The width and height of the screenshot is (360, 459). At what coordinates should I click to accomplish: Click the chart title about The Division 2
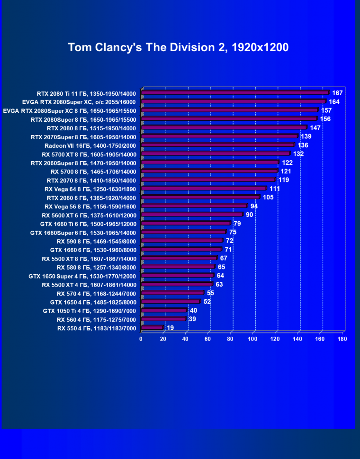point(178,47)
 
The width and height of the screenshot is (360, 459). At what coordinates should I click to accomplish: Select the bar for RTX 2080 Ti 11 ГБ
point(235,93)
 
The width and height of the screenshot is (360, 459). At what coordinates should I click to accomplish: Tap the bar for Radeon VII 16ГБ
point(218,145)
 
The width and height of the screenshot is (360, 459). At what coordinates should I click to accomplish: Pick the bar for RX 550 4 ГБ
point(152,328)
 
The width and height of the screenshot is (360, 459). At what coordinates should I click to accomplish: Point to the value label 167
point(337,93)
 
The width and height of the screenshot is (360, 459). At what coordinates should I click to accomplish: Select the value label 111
point(275,189)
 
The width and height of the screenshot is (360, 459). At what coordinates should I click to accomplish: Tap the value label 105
point(268,197)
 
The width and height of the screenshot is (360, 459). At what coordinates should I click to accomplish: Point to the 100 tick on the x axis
point(252,339)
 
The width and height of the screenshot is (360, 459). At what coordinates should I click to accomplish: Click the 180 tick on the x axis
point(342,339)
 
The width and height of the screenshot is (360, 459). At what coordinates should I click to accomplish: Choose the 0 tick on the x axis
point(141,339)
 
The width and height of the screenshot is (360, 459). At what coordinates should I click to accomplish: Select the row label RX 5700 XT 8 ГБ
point(89,154)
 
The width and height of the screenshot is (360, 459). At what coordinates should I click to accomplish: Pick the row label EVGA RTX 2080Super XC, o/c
point(79,102)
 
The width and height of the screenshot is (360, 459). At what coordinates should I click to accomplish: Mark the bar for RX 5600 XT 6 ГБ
point(192,215)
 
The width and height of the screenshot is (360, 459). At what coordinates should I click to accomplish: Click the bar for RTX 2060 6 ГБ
point(200,197)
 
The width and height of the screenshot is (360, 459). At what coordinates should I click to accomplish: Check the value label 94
point(254,206)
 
